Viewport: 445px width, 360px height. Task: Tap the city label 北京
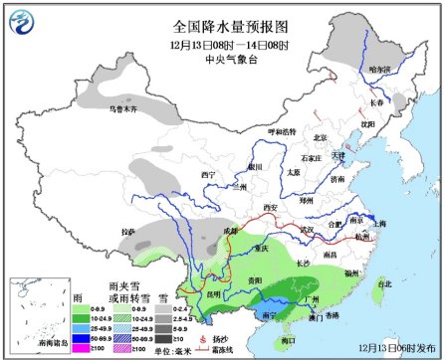(320, 138)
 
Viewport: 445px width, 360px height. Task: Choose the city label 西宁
(208, 174)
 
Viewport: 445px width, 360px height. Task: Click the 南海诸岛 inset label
(32, 341)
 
